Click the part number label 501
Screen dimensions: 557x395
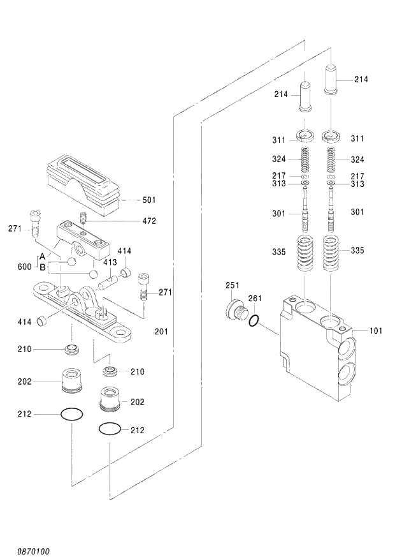pyautogui.click(x=149, y=200)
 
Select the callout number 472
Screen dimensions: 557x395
pyautogui.click(x=149, y=221)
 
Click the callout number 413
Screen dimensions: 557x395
pyautogui.click(x=110, y=262)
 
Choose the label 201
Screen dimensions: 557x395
pyautogui.click(x=161, y=331)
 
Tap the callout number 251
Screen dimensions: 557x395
pyautogui.click(x=233, y=285)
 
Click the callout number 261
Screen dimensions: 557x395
pyautogui.click(x=255, y=299)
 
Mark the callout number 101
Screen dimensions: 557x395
pyautogui.click(x=377, y=330)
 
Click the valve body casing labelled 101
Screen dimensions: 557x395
pyautogui.click(x=312, y=351)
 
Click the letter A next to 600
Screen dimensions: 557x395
pyautogui.click(x=42, y=256)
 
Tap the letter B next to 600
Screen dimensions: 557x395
pyautogui.click(x=42, y=267)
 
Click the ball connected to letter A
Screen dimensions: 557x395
pyautogui.click(x=71, y=262)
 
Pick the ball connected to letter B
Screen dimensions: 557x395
pyautogui.click(x=93, y=274)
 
